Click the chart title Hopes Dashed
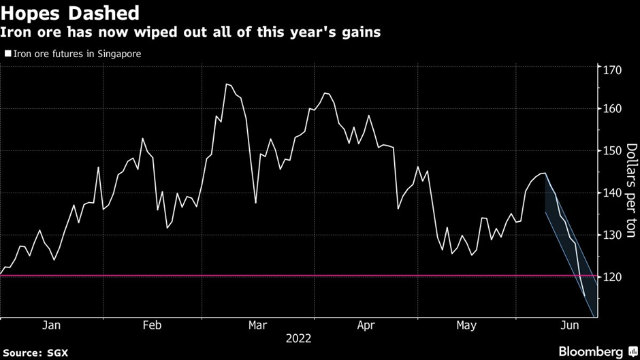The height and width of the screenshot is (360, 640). [x=70, y=12]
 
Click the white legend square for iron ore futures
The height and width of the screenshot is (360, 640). [x=7, y=53]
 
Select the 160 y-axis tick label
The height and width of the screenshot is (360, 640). [x=610, y=109]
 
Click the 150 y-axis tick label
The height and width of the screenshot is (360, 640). [x=610, y=151]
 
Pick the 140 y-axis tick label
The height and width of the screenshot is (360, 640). [x=610, y=193]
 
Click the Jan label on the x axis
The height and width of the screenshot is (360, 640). [x=52, y=326]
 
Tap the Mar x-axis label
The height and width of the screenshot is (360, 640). [x=258, y=326]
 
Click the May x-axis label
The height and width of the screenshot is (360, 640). [x=466, y=326]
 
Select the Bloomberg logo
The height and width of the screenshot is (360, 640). [x=591, y=351]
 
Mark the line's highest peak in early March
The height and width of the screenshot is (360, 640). [x=226, y=84]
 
